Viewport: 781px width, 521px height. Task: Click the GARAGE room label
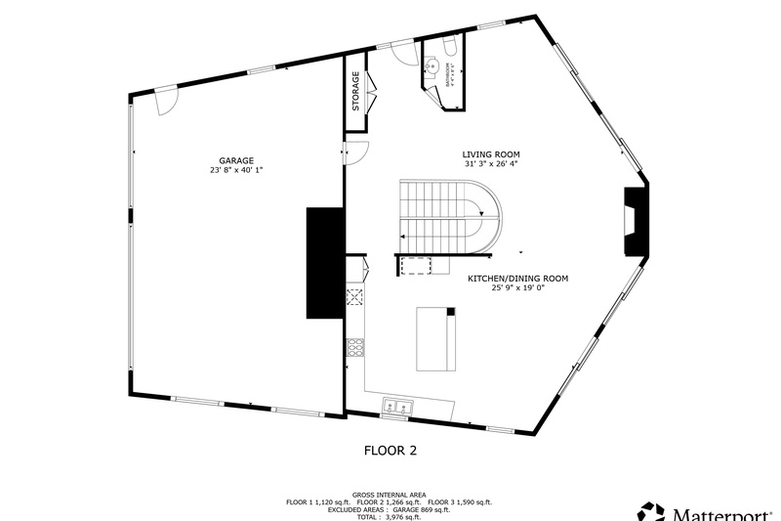[x=236, y=160]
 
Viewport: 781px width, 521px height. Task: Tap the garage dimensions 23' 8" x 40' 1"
[x=236, y=170]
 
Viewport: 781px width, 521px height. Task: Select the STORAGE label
[x=356, y=91]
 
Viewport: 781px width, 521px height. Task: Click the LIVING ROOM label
[x=491, y=154]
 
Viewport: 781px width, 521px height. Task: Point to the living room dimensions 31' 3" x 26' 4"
[x=491, y=164]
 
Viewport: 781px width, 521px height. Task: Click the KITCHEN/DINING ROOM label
[x=517, y=279]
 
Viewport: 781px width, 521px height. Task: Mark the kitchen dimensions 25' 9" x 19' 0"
[x=517, y=289]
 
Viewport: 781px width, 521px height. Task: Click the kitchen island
[x=436, y=338]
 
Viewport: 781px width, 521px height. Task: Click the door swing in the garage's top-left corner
[x=165, y=97]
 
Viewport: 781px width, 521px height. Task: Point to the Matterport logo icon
[x=649, y=511]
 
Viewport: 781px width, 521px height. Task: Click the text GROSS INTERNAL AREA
[x=390, y=495]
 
